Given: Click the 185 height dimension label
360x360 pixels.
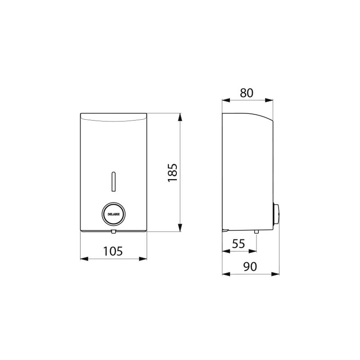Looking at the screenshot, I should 173,173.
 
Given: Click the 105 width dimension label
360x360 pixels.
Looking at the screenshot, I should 113,251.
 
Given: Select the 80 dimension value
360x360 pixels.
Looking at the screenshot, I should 247,93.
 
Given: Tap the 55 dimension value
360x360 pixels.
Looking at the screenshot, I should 238,244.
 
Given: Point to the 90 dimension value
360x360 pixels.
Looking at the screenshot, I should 250,266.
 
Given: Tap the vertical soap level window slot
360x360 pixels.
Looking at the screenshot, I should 113,180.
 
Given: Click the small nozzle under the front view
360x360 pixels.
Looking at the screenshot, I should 113,232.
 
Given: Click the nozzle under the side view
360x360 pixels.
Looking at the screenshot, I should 256,232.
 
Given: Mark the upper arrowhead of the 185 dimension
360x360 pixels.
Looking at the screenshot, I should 180,117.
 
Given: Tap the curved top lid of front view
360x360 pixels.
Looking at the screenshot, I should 113,117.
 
